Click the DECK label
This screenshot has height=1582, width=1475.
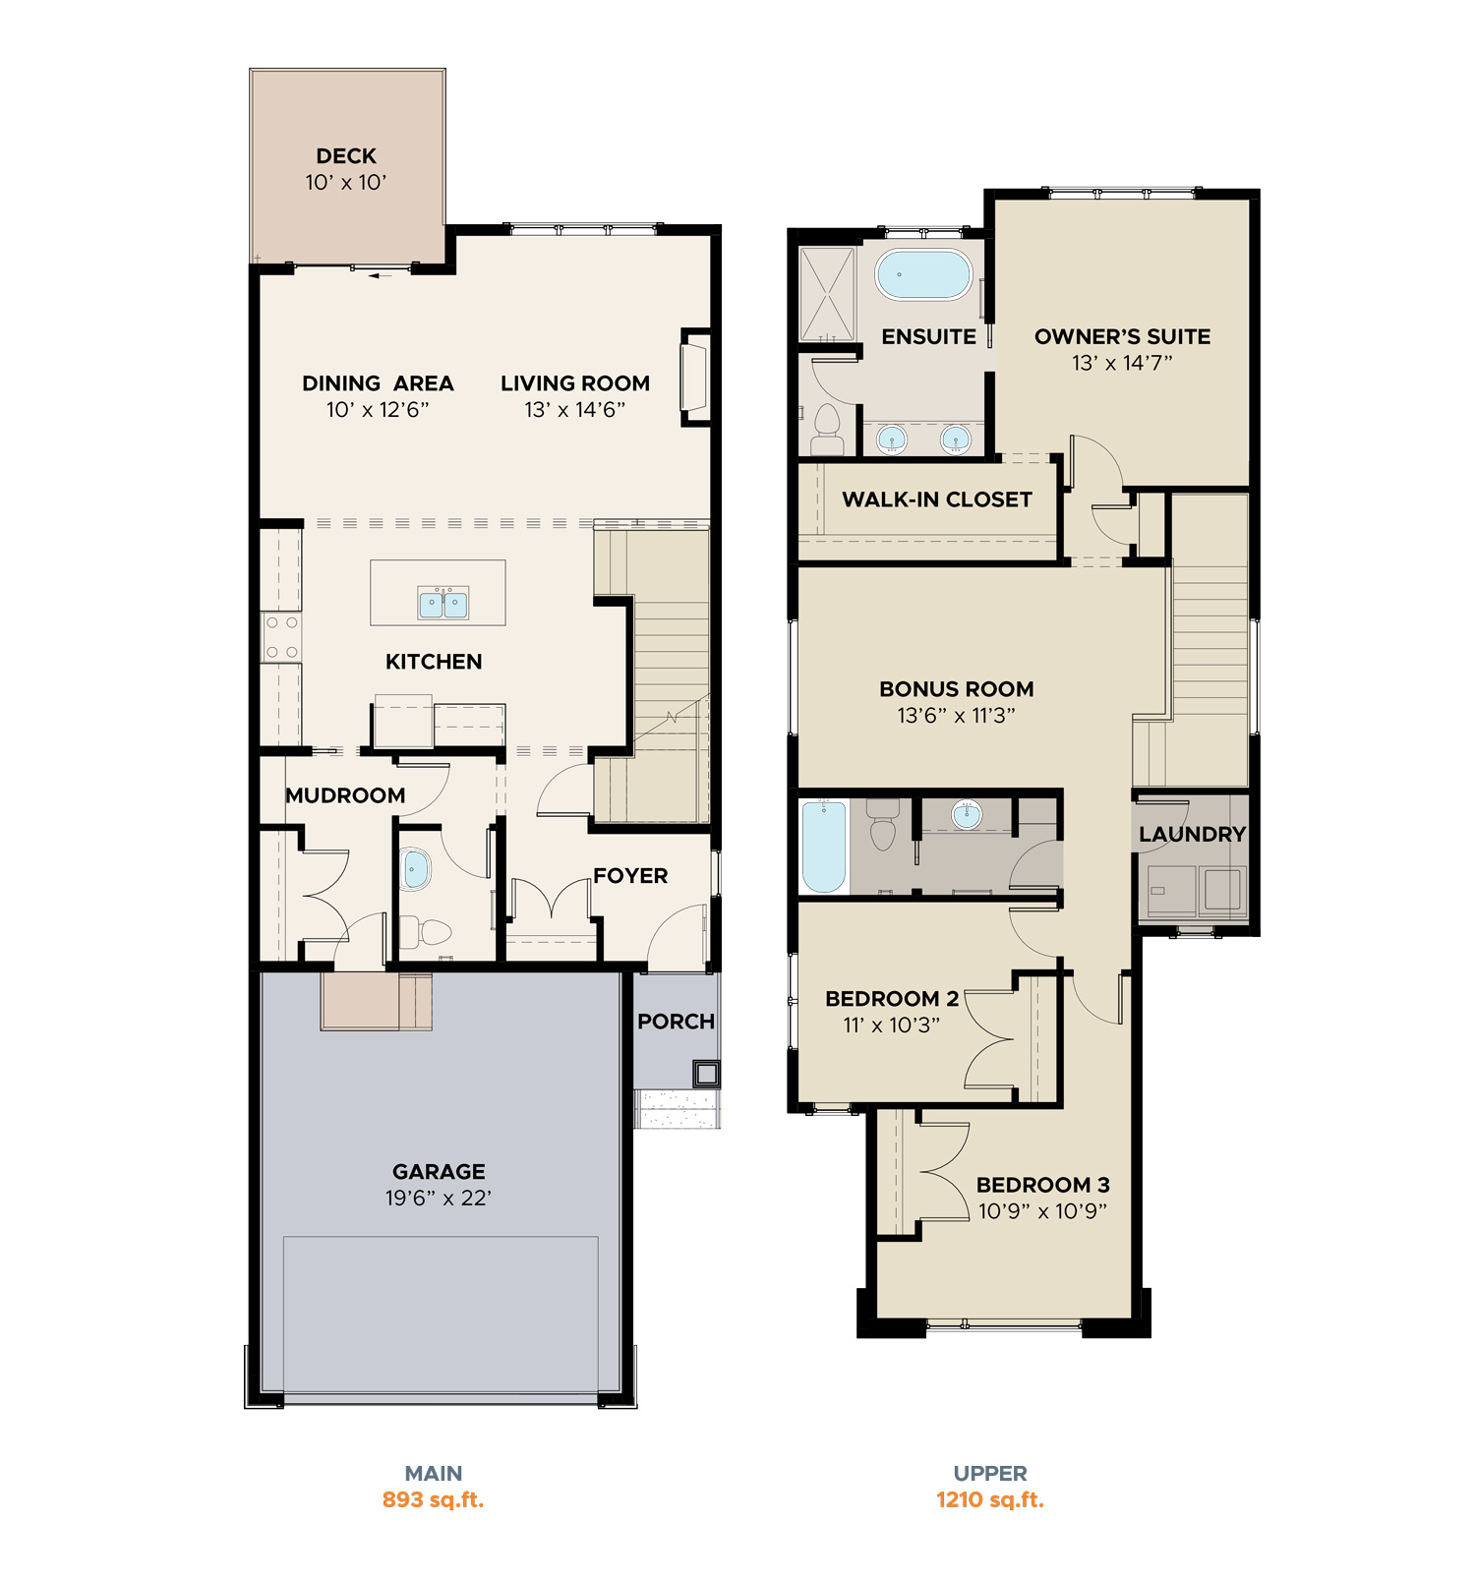pyautogui.click(x=346, y=156)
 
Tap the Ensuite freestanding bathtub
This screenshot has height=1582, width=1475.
pyautogui.click(x=923, y=274)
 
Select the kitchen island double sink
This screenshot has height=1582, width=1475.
pyautogui.click(x=443, y=603)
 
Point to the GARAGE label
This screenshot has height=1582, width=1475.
pyautogui.click(x=439, y=1172)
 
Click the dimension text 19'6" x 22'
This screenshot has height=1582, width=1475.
pyautogui.click(x=439, y=1198)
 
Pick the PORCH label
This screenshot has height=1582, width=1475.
pyautogui.click(x=676, y=1022)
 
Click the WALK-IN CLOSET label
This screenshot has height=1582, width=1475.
pyautogui.click(x=937, y=499)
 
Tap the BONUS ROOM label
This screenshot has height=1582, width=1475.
pyautogui.click(x=957, y=689)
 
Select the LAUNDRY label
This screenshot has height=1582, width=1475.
pyautogui.click(x=1193, y=834)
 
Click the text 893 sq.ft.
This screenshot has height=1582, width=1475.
pyautogui.click(x=433, y=1499)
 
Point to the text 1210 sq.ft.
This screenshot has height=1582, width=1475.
pyautogui.click(x=990, y=1499)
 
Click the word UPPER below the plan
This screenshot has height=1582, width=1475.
pyautogui.click(x=990, y=1473)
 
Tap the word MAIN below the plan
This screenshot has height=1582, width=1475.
pyautogui.click(x=434, y=1473)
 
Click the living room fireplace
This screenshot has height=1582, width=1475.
pyautogui.click(x=696, y=377)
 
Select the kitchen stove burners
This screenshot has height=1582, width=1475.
pyautogui.click(x=282, y=637)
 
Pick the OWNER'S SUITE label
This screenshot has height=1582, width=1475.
pyautogui.click(x=1123, y=336)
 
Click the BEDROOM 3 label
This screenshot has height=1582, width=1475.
pyautogui.click(x=1043, y=1185)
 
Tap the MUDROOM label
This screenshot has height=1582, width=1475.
pyautogui.click(x=345, y=795)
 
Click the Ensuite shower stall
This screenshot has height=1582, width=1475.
pyautogui.click(x=828, y=294)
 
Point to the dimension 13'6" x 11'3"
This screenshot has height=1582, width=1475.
pyautogui.click(x=957, y=716)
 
